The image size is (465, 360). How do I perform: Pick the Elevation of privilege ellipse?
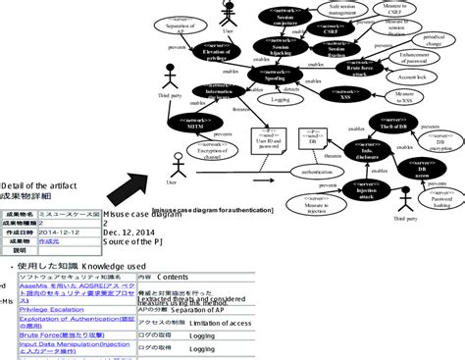pyautogui.click(x=222, y=53)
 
